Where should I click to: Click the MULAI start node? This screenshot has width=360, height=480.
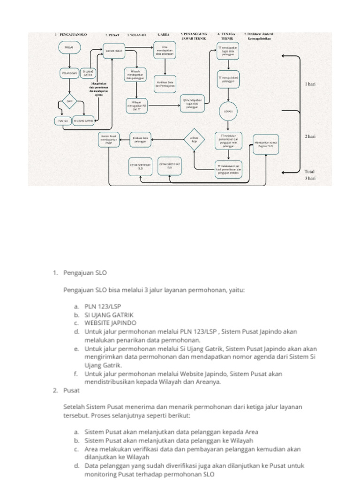(x=69, y=47)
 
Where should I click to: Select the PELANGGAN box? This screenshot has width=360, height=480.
(x=69, y=74)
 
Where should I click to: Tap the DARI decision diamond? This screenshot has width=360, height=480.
(x=69, y=101)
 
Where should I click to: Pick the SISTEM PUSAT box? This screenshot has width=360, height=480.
(x=113, y=51)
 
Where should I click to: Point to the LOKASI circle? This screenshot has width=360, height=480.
(x=227, y=111)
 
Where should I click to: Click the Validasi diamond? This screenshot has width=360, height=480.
(x=194, y=139)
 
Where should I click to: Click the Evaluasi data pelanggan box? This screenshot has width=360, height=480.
(x=140, y=140)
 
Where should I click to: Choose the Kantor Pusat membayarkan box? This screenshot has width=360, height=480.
(x=109, y=140)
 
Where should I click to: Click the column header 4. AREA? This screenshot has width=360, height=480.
(x=163, y=35)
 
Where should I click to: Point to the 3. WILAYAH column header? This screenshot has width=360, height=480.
(x=136, y=35)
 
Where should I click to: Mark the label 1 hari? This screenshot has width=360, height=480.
(x=310, y=84)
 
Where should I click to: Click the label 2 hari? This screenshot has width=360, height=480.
(x=310, y=136)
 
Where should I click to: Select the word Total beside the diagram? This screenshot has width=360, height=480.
(x=310, y=172)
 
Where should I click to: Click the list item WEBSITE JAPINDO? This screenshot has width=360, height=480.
(x=111, y=323)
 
